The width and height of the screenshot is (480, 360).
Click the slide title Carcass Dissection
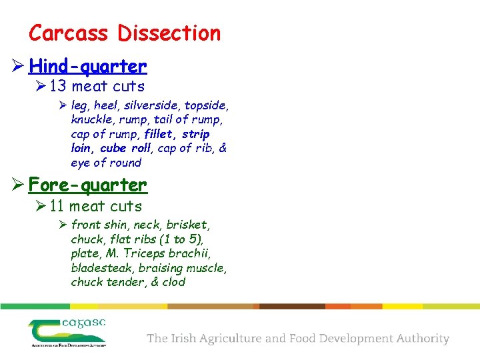coord(125,33)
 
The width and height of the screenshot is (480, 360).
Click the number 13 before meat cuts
coord(59,86)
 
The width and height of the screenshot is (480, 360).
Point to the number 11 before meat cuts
coord(58,206)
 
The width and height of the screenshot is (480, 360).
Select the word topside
coord(206,105)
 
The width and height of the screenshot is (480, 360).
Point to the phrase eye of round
coord(106,163)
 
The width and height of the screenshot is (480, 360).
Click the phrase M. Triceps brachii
coord(161,253)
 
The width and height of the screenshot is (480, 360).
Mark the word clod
coord(173,281)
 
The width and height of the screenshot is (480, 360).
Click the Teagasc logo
coord(67,332)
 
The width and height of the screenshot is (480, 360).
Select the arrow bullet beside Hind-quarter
coord(17,67)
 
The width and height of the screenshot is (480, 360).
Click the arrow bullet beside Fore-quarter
coord(17,185)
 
